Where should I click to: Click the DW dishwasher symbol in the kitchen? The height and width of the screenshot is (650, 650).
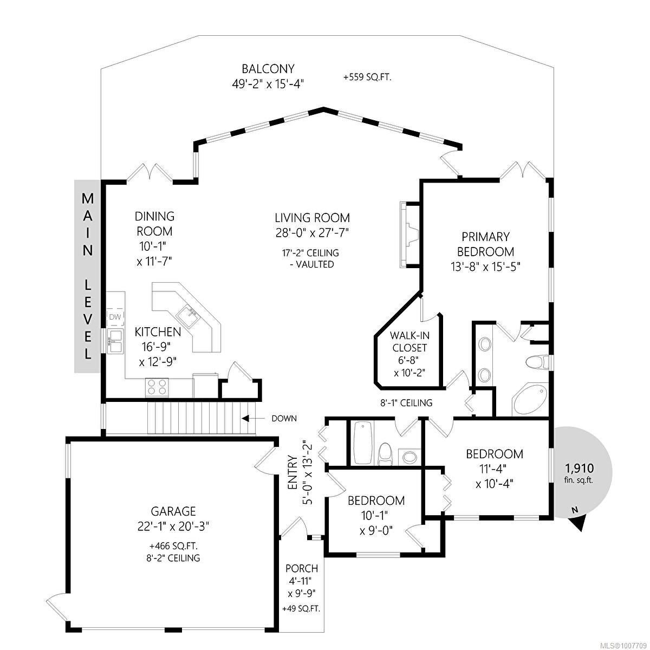click(115, 317)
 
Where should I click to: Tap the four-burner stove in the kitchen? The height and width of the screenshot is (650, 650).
click(157, 387)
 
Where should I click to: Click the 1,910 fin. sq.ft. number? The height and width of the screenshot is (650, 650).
click(580, 468)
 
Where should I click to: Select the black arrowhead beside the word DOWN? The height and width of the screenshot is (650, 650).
click(245, 418)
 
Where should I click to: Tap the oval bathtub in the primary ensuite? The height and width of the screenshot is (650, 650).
click(530, 400)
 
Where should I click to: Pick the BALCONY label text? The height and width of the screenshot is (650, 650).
click(268, 69)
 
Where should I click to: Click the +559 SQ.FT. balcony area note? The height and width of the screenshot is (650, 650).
click(367, 77)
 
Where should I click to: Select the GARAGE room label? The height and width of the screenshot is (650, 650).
click(173, 511)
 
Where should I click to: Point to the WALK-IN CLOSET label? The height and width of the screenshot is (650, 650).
click(409, 341)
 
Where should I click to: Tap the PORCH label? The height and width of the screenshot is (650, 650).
click(302, 568)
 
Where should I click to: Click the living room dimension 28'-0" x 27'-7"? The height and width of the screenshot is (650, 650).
click(311, 233)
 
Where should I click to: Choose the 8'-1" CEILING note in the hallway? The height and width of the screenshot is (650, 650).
click(406, 403)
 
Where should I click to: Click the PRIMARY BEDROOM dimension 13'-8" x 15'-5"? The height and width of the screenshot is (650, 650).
click(485, 267)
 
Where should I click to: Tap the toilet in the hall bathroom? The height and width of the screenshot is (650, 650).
click(384, 454)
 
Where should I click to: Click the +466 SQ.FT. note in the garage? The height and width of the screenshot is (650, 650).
click(174, 546)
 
